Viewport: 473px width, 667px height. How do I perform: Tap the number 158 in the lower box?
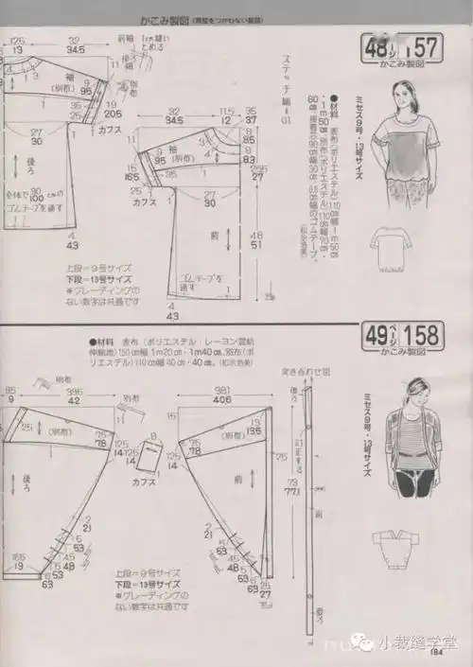(423, 335)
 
